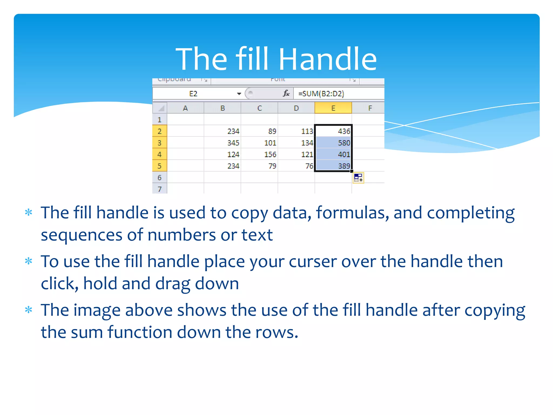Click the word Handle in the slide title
tap(327, 59)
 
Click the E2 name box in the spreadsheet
tap(193, 94)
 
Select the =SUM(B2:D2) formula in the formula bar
tap(321, 94)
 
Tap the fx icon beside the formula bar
tap(286, 93)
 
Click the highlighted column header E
tap(333, 108)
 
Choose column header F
tap(370, 108)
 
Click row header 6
tap(160, 178)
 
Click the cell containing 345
tap(222, 143)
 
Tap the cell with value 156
tap(259, 154)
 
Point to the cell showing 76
tap(296, 166)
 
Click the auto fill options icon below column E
tap(358, 178)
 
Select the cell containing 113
tap(296, 131)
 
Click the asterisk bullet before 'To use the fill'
tap(28, 261)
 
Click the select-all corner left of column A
tap(160, 108)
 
